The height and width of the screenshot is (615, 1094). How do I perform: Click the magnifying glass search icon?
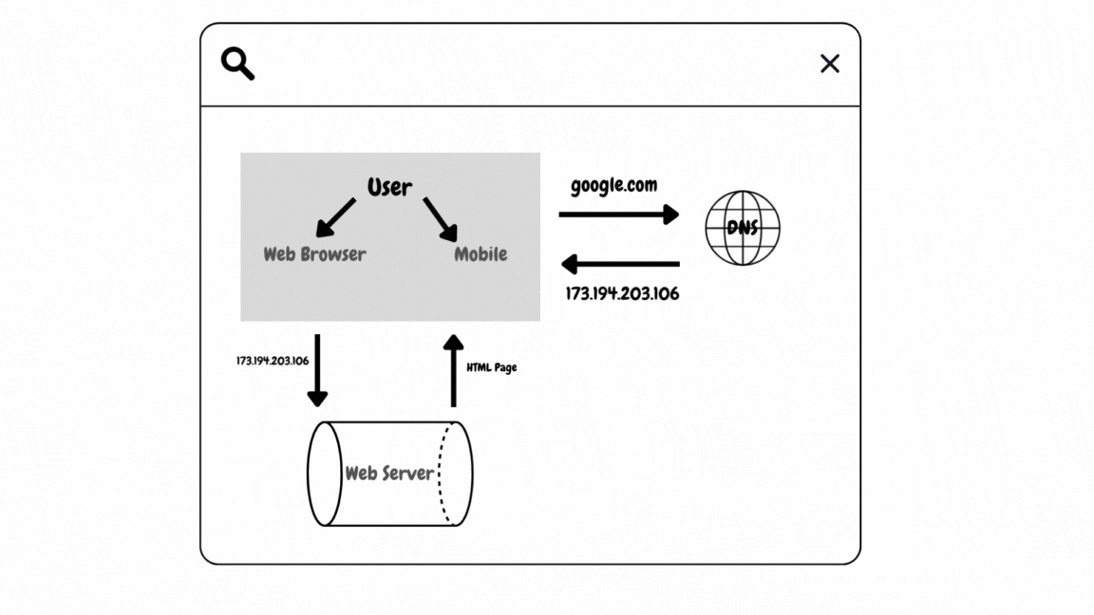237,64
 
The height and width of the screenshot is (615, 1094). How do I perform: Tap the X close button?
830,64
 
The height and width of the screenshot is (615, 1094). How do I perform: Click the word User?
389,187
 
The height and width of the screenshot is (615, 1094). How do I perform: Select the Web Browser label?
314,254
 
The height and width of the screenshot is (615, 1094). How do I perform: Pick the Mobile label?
481,254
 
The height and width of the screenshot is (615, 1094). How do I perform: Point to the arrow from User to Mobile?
441,218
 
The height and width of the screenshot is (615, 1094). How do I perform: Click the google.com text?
613,185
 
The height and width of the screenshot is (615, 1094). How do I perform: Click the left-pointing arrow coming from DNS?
619,264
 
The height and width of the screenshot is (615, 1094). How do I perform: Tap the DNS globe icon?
743,228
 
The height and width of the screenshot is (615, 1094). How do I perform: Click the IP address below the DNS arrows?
622,293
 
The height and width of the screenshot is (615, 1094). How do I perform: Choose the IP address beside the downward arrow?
273,361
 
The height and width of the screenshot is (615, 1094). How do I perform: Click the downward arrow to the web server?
317,370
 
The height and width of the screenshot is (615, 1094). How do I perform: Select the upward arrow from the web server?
454,370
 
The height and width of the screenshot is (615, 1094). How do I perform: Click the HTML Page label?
492,367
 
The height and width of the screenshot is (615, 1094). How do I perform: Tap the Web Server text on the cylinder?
389,473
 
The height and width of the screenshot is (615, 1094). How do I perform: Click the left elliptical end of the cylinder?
325,473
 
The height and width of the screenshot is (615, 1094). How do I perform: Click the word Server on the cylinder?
408,473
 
